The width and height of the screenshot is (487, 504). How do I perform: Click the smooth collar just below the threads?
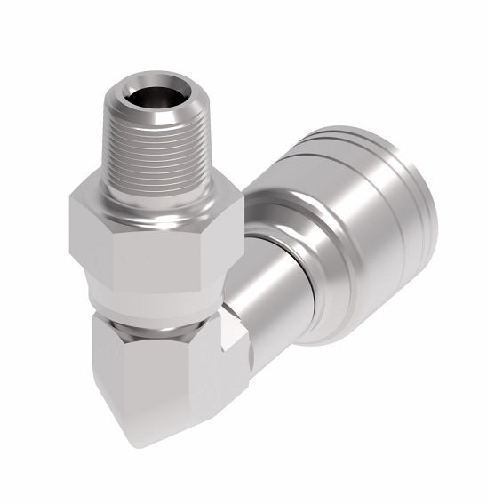point(153,189)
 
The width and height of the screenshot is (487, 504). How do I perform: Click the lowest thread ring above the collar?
point(152,174)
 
